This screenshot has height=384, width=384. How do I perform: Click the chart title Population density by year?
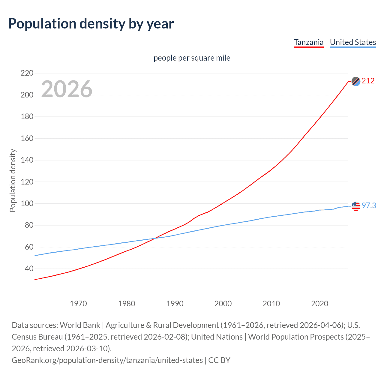click(x=91, y=24)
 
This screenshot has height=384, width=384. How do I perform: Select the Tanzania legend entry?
click(x=309, y=42)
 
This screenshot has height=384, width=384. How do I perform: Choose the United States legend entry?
click(x=353, y=42)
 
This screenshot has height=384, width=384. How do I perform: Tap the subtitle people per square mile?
click(x=192, y=58)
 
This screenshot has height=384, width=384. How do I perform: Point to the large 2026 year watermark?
click(x=67, y=89)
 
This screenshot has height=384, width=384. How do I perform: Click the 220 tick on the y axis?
click(x=27, y=73)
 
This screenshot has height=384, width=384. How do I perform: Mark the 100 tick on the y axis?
click(x=27, y=204)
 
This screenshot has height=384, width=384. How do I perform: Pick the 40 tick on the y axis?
click(x=29, y=269)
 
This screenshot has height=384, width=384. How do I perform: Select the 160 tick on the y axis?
click(x=27, y=138)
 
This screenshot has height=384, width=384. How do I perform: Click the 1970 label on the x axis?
click(x=78, y=304)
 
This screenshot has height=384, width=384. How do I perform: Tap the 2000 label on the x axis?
click(x=223, y=304)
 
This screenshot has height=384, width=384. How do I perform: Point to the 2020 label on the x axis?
click(x=319, y=304)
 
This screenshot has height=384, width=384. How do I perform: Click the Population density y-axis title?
click(x=13, y=181)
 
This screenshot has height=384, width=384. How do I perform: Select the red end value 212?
click(x=368, y=81)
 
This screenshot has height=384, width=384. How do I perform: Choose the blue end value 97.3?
click(x=369, y=205)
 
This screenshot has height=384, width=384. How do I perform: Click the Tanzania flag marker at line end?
click(x=356, y=81)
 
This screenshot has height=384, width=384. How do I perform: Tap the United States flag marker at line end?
click(x=356, y=206)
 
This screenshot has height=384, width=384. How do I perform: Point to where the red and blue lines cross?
click(x=155, y=238)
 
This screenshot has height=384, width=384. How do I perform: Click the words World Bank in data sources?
click(x=80, y=325)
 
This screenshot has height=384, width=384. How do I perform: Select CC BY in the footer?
click(x=219, y=360)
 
